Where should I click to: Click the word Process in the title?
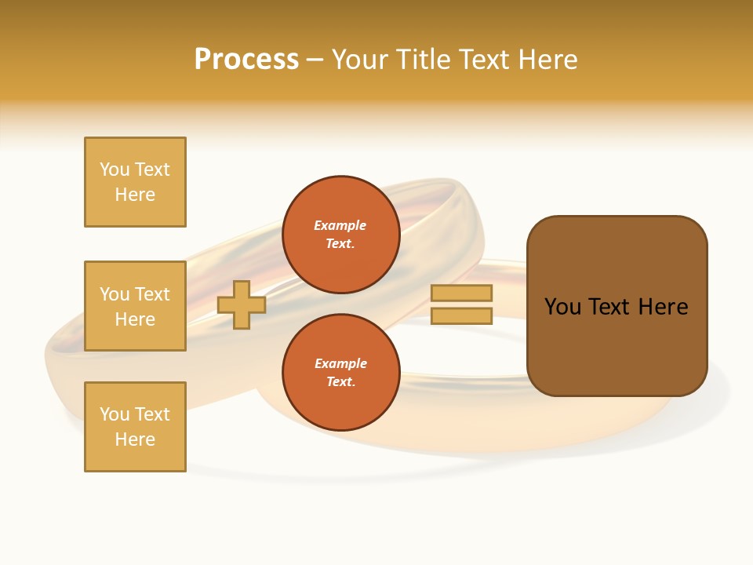click(x=246, y=60)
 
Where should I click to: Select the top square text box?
click(x=135, y=182)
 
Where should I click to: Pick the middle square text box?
click(x=135, y=306)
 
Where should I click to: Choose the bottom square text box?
click(x=135, y=427)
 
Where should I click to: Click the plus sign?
click(x=242, y=304)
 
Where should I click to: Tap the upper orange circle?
click(x=340, y=235)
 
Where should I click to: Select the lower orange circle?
click(x=340, y=373)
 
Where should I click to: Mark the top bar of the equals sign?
click(x=461, y=293)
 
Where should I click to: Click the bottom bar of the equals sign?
click(x=461, y=316)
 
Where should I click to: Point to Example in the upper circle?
click(x=340, y=225)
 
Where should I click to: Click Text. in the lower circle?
click(x=340, y=382)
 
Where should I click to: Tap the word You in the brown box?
click(x=562, y=307)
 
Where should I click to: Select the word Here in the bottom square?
click(x=135, y=439)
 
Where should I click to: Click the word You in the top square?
click(x=115, y=169)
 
